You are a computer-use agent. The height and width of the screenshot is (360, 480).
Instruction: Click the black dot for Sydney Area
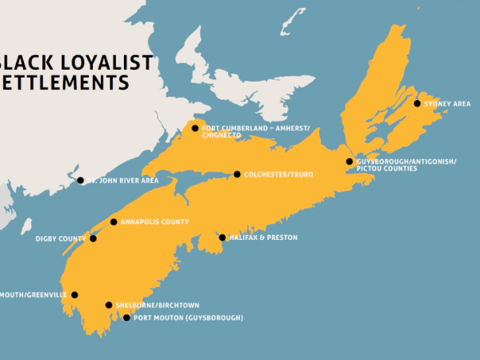coord(417,103)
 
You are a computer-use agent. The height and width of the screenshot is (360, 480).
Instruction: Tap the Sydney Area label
coord(448,104)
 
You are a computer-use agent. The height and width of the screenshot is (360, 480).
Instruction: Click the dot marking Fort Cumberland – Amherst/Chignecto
coord(194,128)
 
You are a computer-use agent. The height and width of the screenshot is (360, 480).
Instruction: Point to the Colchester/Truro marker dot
coord(237,174)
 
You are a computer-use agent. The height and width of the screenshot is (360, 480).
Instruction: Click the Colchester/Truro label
coord(279,174)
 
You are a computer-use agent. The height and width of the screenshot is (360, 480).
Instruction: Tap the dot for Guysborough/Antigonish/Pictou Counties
coord(349,162)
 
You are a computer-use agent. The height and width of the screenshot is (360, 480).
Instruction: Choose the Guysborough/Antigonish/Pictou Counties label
coord(406,165)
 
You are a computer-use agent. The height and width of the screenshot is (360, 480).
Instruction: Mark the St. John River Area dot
coord(80,181)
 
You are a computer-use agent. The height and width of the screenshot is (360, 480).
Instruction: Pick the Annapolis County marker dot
coord(114,222)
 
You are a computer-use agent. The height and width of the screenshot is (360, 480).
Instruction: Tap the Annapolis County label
coord(155,222)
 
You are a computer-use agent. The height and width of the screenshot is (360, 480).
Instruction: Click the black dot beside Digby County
coord(93,238)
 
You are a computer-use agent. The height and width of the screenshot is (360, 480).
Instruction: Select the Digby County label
coord(60,238)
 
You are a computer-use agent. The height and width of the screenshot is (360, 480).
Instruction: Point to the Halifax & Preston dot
coord(222,238)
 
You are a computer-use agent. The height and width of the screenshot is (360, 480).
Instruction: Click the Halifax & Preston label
coord(264,238)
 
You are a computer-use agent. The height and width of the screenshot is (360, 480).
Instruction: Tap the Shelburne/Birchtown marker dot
coord(109,305)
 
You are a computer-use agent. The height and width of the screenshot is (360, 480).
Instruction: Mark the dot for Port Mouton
coord(126,318)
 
